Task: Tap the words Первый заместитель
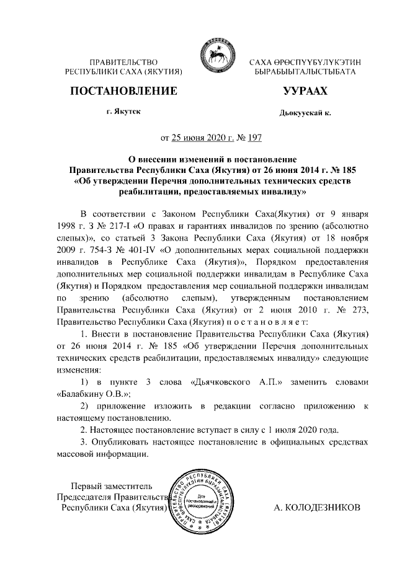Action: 111,485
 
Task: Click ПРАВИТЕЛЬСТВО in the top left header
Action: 124,62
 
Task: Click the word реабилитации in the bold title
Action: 154,192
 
